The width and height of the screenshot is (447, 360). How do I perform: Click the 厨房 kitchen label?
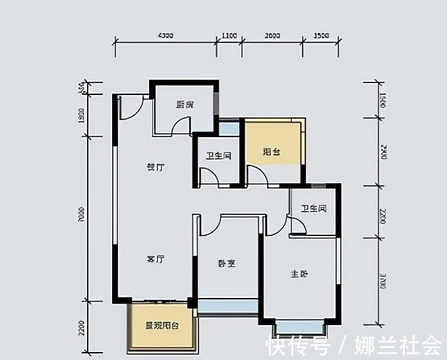coord(185,104)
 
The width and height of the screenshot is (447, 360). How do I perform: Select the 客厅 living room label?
coord(155,259)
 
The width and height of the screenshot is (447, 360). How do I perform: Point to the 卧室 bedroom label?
coord(227,263)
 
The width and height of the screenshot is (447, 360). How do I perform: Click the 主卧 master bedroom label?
coord(299,274)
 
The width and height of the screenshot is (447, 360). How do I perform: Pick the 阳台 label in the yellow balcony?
coord(272,152)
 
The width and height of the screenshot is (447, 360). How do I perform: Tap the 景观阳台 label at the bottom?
coord(163,326)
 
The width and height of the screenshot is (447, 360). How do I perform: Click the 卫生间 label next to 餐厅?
coord(218,156)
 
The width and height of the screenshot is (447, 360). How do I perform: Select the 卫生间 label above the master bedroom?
coord(314,209)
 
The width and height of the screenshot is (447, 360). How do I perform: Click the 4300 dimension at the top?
coord(165,35)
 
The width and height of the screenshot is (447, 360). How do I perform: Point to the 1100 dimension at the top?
coord(229,35)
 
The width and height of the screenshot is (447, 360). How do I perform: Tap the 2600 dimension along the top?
coord(272,35)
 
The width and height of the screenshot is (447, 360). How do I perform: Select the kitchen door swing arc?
coord(179,126)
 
